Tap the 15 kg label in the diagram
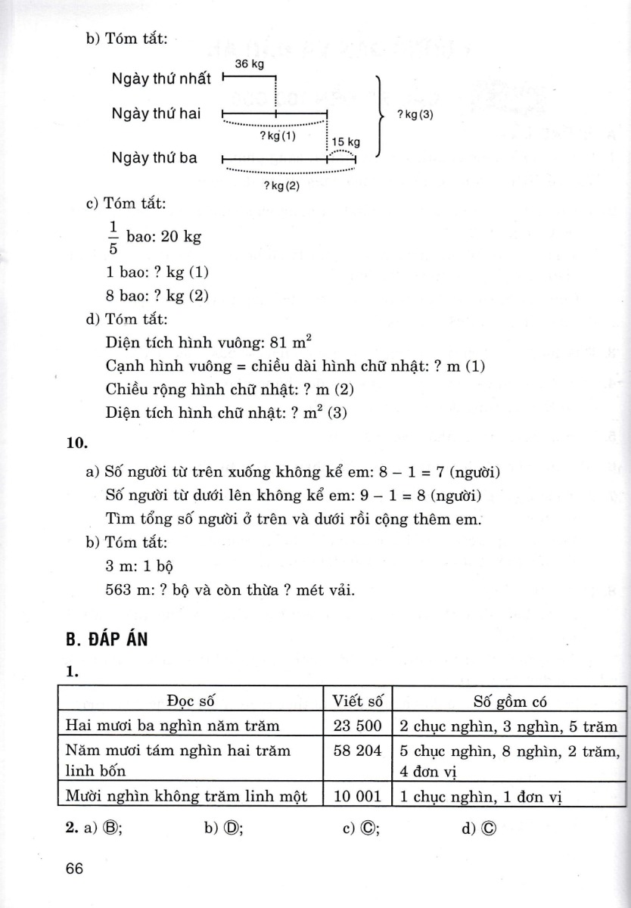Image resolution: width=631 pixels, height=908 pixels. point(346,141)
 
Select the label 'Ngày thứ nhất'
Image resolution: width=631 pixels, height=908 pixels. point(161,79)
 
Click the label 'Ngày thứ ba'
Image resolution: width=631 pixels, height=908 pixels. point(154,158)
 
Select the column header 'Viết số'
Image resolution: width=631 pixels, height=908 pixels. point(358,700)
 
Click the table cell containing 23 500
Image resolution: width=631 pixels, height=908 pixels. point(358,726)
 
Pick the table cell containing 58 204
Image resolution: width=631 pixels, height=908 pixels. point(358,752)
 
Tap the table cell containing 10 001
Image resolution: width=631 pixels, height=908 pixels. point(358,797)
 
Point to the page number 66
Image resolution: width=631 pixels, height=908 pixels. point(74,869)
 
